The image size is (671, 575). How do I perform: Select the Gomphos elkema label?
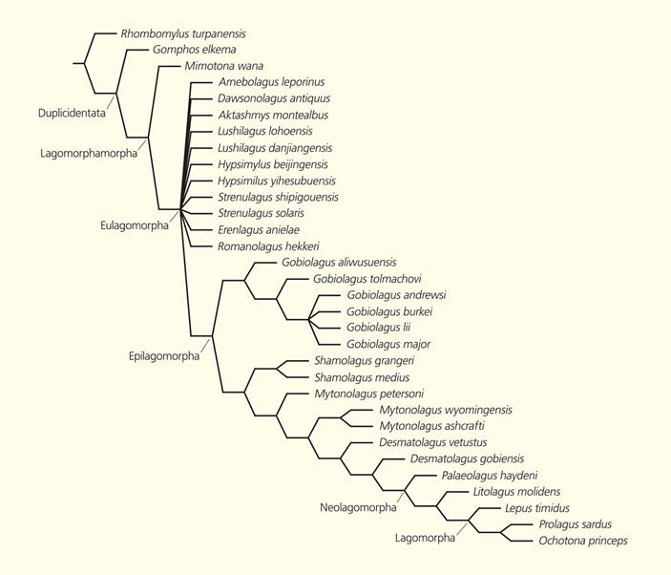194,50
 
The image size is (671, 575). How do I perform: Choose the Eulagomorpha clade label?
135,225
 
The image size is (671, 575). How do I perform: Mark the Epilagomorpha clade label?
164,356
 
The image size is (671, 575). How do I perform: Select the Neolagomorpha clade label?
358,507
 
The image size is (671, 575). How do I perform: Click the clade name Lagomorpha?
425,538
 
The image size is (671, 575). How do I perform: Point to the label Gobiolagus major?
388,344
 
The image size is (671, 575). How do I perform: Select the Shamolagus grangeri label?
364,361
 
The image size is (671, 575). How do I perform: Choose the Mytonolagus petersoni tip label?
369,393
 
